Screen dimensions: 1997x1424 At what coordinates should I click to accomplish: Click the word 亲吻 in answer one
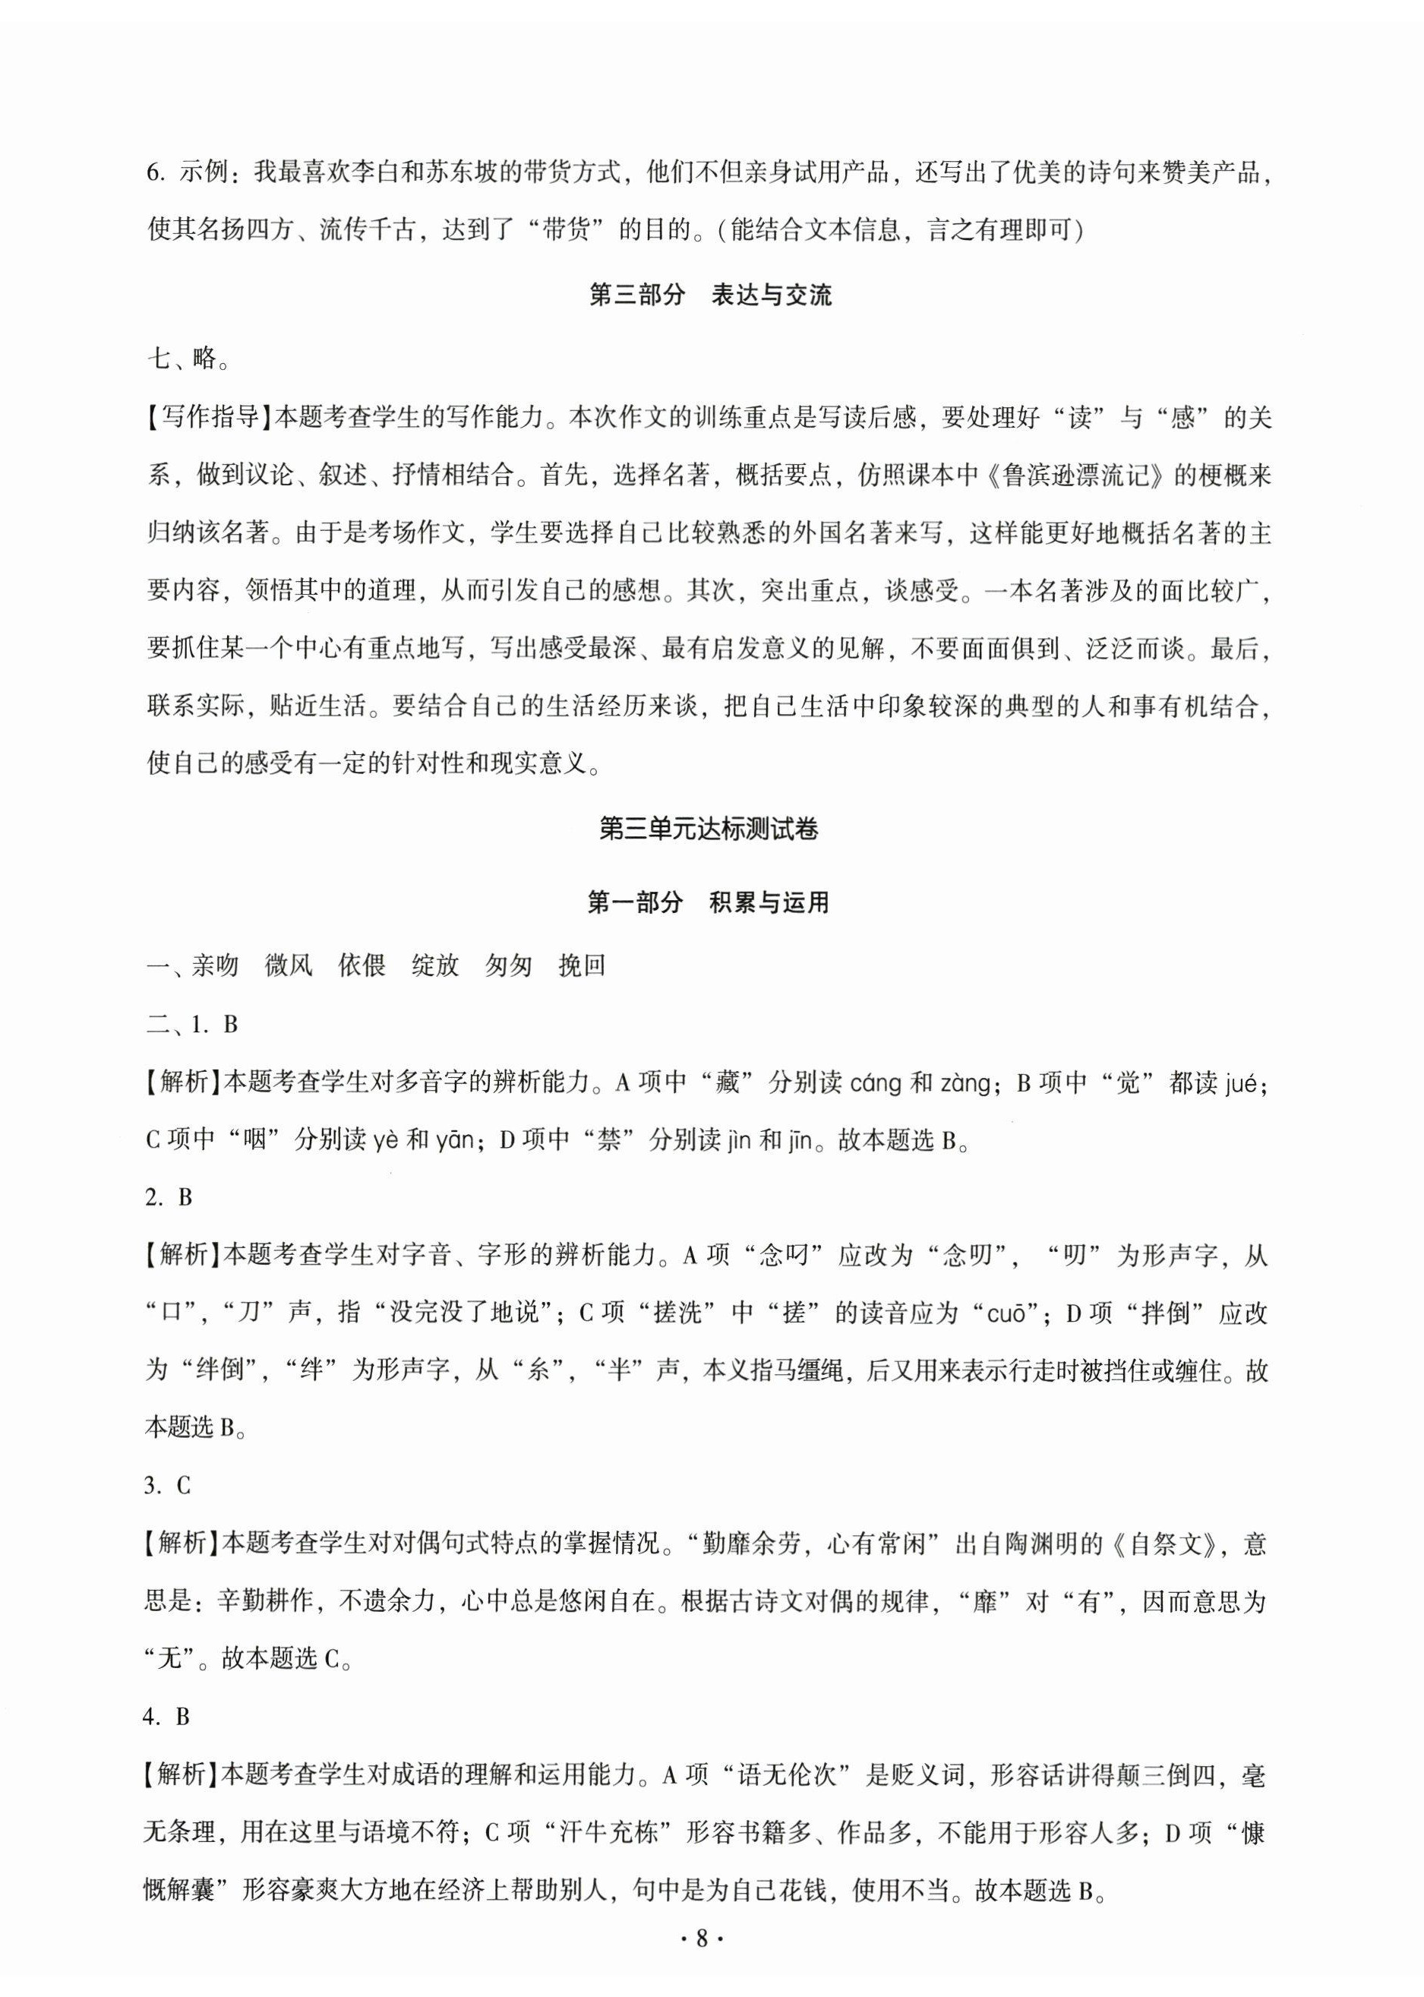215,965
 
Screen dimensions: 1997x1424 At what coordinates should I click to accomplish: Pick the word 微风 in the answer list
289,965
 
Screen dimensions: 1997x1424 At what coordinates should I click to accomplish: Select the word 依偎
362,965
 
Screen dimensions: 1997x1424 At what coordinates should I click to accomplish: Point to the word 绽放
436,965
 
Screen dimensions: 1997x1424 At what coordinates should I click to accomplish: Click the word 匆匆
509,965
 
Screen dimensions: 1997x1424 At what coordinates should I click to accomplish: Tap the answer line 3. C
169,1485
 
